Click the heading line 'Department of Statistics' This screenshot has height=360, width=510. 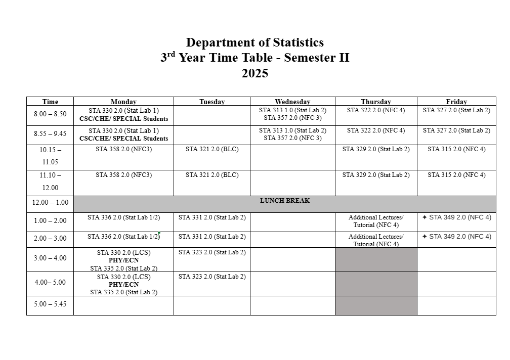pos(254,42)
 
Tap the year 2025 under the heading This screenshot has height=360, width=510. pos(254,74)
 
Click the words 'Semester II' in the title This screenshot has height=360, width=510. pos(316,58)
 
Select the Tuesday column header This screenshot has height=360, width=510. pos(211,102)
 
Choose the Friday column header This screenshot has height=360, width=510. pos(456,102)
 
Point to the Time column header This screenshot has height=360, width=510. pos(50,102)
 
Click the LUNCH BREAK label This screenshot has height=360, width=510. pos(284,201)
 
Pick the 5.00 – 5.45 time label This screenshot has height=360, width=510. pos(50,304)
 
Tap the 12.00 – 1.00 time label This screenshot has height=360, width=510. pos(50,203)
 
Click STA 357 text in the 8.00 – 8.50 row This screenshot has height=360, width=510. pos(292,118)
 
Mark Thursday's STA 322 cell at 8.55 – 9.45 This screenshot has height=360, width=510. pos(375,130)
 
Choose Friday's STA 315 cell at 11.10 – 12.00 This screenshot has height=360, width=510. pos(456,175)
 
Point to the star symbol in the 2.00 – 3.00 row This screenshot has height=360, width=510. pos(424,237)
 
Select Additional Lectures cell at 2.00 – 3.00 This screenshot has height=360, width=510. pos(375,240)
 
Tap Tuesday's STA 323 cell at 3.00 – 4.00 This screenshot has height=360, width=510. pos(211,252)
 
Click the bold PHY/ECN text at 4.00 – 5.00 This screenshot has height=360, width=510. pos(123,285)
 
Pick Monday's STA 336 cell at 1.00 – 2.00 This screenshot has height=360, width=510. pos(123,217)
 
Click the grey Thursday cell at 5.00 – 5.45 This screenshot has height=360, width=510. pos(375,305)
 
